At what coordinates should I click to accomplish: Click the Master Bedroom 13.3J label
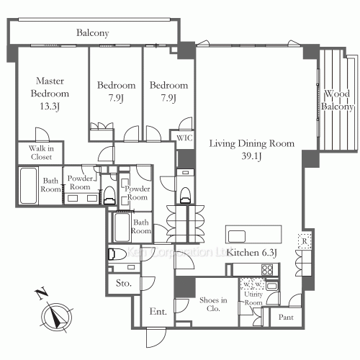click(x=50, y=94)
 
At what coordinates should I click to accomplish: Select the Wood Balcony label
click(x=338, y=100)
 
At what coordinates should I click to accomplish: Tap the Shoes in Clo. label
click(x=213, y=305)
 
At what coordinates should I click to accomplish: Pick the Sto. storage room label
click(x=123, y=284)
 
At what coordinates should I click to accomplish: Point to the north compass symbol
click(x=55, y=315)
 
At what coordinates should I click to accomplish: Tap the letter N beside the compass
click(x=40, y=293)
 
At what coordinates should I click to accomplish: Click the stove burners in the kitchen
click(x=267, y=269)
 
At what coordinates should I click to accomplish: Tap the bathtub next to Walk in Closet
click(x=30, y=185)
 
